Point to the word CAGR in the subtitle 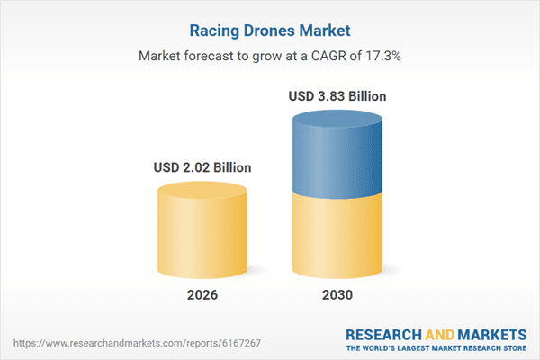(x=326, y=56)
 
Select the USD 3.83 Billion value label (x=338, y=95)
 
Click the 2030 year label (x=338, y=295)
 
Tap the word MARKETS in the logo (x=492, y=333)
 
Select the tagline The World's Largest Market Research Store (x=439, y=346)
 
